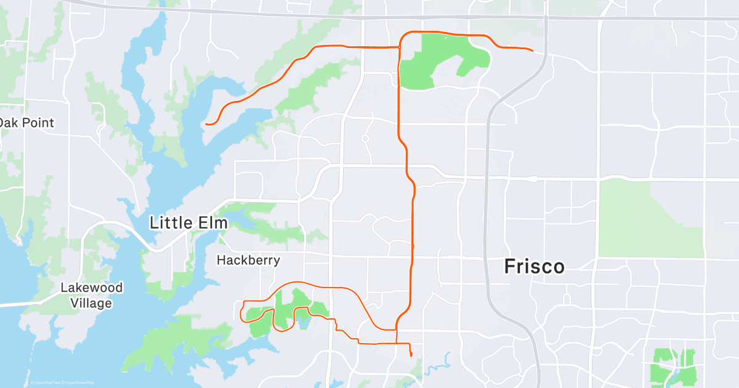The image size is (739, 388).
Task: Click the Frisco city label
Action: [x=534, y=267]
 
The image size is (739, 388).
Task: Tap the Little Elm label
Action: [x=188, y=222]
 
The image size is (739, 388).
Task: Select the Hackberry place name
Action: [x=248, y=261]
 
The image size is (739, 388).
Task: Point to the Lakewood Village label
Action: [x=91, y=295]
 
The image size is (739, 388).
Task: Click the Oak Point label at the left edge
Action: [x=26, y=123]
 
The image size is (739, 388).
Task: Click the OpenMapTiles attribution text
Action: [x=47, y=383]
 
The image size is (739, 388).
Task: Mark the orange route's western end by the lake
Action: [x=207, y=124]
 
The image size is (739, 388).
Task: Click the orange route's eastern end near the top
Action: [x=532, y=49]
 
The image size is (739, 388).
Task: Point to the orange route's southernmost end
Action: [x=411, y=355]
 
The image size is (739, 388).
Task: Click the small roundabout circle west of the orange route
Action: [x=365, y=139]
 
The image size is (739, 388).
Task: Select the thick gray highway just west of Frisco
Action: [x=488, y=203]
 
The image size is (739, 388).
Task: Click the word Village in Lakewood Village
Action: [x=91, y=303]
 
